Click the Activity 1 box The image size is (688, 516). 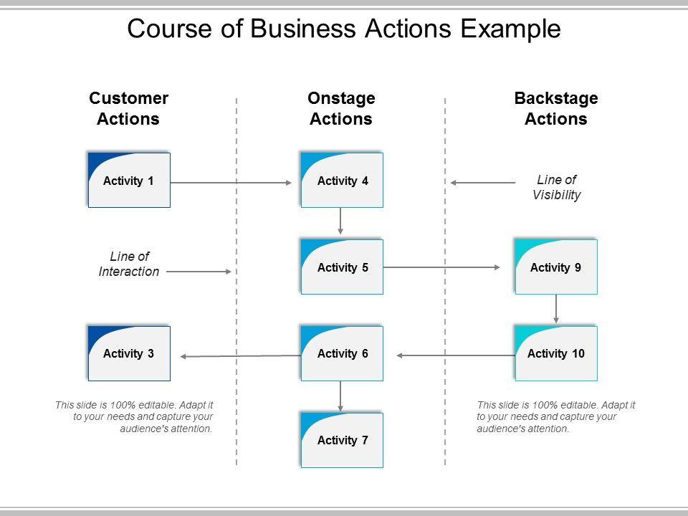coord(129,181)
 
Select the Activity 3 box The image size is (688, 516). coord(129,353)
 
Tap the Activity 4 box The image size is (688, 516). coord(343,181)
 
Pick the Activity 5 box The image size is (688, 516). coord(343,267)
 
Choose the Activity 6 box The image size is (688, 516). coord(343,353)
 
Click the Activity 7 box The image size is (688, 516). coord(343,440)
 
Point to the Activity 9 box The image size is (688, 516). coord(556,267)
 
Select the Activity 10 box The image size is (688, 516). coord(556,353)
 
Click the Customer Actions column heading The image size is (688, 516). coord(128,108)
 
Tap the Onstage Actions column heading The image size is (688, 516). coord(341,108)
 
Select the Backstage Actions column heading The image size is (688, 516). coord(556,108)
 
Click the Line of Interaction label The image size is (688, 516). coord(129,264)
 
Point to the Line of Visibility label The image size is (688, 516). coord(557,187)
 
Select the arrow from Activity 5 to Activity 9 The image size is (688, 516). coord(441,267)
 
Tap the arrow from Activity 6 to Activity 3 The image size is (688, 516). coord(240,355)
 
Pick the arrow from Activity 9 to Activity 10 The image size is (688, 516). coord(556,309)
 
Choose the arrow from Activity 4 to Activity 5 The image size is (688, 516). coord(340,221)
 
